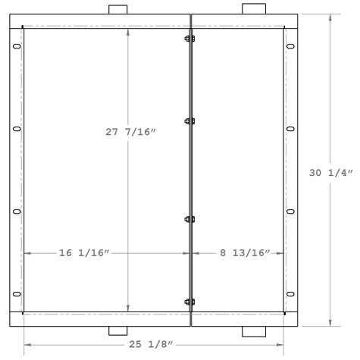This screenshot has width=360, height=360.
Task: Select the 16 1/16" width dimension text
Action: [x=85, y=252]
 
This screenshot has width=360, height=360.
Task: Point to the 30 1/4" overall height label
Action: [x=331, y=173]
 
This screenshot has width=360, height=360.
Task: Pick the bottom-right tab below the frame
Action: [x=253, y=331]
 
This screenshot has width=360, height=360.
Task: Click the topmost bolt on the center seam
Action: [x=189, y=39]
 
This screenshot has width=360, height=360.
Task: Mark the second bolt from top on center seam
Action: [x=189, y=121]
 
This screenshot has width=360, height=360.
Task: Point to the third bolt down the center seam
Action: [x=189, y=220]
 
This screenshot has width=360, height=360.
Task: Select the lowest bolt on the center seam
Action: [x=189, y=302]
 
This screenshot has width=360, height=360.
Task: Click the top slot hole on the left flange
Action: [x=17, y=48]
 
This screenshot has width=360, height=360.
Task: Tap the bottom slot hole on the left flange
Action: [x=17, y=294]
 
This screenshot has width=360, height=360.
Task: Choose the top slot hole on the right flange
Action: [x=290, y=48]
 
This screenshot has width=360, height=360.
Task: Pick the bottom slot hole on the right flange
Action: [x=290, y=294]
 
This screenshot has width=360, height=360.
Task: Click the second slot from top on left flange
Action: [x=17, y=130]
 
